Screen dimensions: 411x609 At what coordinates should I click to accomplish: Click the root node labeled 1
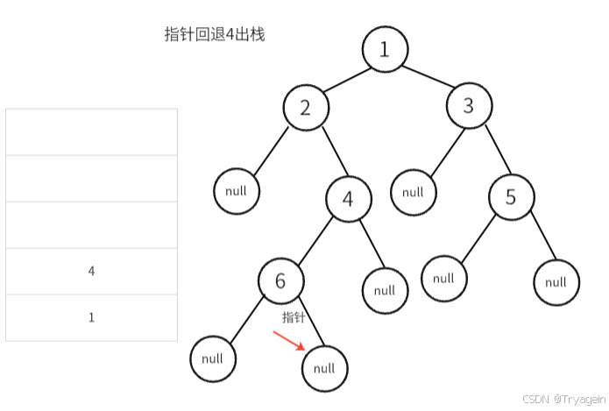click(x=385, y=49)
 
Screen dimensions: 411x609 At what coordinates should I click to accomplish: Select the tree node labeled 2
click(x=305, y=108)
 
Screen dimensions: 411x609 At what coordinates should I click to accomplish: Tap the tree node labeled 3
click(x=468, y=107)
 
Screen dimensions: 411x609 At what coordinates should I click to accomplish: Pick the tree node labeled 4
click(x=348, y=199)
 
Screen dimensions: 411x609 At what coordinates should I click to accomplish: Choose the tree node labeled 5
click(x=512, y=197)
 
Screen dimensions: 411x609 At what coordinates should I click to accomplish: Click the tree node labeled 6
click(x=280, y=280)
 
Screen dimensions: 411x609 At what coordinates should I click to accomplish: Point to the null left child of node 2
click(x=236, y=191)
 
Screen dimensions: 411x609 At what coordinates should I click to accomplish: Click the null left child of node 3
click(x=413, y=192)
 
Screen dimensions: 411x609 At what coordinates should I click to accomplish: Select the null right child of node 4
click(x=385, y=290)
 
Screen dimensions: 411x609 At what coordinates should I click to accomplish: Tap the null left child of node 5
click(x=443, y=279)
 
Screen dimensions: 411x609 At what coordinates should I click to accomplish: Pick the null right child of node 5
click(x=556, y=282)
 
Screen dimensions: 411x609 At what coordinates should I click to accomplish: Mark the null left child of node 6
click(x=213, y=358)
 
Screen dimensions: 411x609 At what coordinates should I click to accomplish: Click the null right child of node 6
click(x=324, y=369)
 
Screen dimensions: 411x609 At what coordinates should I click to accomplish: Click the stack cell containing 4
click(x=91, y=272)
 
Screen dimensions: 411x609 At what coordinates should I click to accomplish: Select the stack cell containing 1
click(x=91, y=317)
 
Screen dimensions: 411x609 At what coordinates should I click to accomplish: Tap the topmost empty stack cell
click(x=91, y=132)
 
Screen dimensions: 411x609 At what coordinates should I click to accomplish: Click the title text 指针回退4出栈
click(x=215, y=35)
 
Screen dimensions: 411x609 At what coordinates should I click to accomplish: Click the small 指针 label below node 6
click(x=293, y=316)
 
